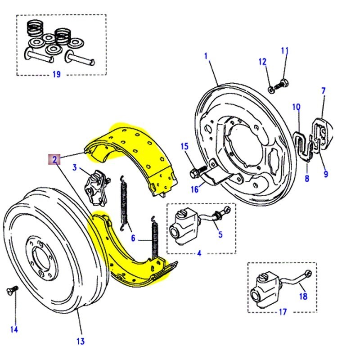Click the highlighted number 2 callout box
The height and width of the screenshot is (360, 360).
[54, 159]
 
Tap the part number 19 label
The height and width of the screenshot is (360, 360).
[56, 74]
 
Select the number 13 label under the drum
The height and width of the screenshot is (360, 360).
[80, 342]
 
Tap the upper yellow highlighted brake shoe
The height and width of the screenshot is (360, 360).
[135, 155]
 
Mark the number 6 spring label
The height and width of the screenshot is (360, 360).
[133, 238]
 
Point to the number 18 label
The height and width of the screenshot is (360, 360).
[303, 297]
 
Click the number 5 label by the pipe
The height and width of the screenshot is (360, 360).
[220, 234]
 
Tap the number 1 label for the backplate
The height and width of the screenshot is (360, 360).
[206, 56]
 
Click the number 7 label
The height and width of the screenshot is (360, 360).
[323, 91]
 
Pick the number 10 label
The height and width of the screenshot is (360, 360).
[296, 107]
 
